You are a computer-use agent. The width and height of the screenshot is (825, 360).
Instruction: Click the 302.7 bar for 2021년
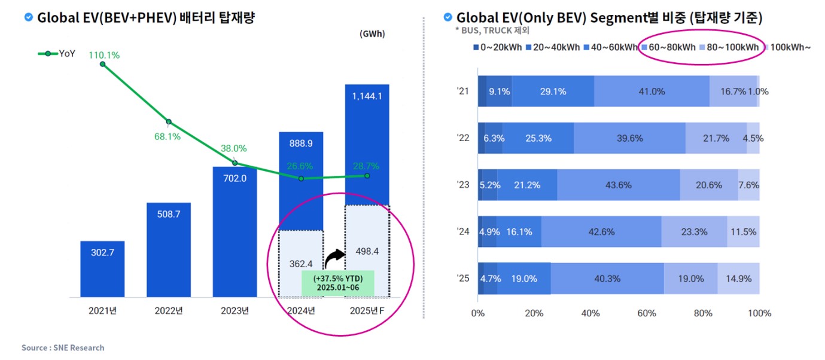point(102,269)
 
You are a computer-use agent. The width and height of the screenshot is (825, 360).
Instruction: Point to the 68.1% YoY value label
point(168,136)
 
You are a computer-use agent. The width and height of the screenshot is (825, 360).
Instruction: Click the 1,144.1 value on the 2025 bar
point(367,96)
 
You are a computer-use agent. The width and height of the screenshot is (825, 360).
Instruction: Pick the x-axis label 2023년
point(235,310)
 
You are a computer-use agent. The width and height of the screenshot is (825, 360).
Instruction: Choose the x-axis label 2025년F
point(367,310)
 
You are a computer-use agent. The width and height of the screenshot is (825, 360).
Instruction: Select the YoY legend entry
point(59,53)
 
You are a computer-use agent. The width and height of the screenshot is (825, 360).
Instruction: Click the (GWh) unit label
point(372,34)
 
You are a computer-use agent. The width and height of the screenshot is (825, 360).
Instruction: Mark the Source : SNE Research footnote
point(63,347)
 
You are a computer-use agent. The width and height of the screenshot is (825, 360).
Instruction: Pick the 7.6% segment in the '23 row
point(748,185)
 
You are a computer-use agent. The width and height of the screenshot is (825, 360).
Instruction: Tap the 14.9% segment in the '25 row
point(738,278)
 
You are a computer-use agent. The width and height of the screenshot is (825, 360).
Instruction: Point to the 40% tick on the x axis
point(590,313)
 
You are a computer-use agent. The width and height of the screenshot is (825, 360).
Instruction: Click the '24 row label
point(462,231)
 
